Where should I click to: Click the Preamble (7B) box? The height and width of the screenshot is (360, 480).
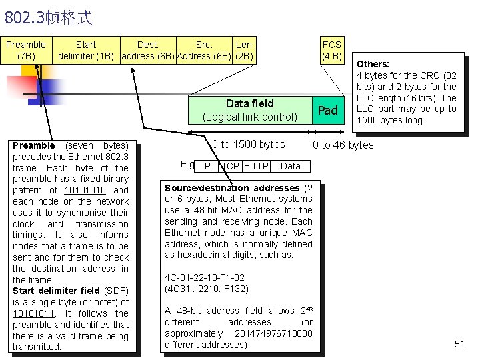pyautogui.click(x=26, y=50)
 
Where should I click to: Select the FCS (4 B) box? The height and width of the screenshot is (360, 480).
pyautogui.click(x=331, y=50)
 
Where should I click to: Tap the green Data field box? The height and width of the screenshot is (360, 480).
pyautogui.click(x=250, y=110)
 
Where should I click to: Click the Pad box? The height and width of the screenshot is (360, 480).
pyautogui.click(x=328, y=110)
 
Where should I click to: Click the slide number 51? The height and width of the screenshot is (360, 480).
pyautogui.click(x=459, y=344)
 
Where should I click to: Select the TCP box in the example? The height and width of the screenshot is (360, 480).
pyautogui.click(x=230, y=166)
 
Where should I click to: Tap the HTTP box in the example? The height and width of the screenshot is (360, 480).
pyautogui.click(x=255, y=166)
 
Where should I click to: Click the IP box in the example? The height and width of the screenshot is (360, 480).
pyautogui.click(x=206, y=166)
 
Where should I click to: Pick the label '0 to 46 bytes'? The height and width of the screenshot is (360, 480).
pyautogui.click(x=343, y=145)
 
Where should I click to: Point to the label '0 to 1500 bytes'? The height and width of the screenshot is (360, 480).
pyautogui.click(x=248, y=144)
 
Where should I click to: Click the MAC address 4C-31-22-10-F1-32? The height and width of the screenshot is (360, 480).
pyautogui.click(x=205, y=277)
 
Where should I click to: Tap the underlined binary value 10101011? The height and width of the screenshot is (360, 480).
pyautogui.click(x=33, y=313)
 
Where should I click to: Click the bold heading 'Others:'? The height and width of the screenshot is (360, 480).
pyautogui.click(x=373, y=64)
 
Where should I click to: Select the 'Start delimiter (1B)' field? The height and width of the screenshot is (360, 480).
pyautogui.click(x=86, y=50)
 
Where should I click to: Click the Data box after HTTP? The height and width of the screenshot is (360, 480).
pyautogui.click(x=291, y=166)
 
